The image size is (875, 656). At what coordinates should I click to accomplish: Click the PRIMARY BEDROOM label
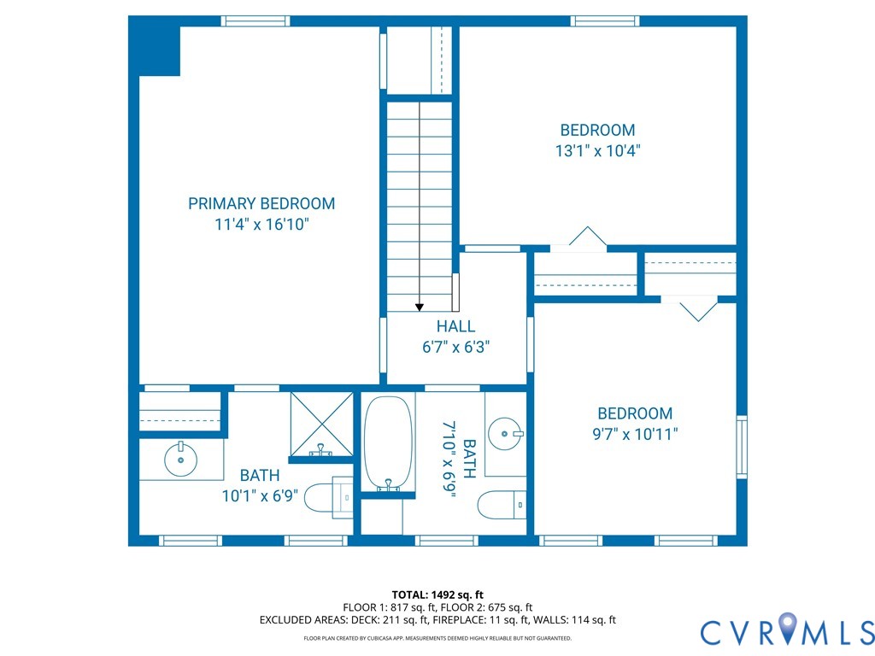[261, 203]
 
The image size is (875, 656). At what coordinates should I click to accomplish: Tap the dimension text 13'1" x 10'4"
[597, 150]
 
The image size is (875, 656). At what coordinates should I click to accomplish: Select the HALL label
[455, 326]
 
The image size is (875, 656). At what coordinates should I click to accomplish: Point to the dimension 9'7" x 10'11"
[635, 434]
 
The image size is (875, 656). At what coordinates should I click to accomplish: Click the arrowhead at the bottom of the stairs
[419, 307]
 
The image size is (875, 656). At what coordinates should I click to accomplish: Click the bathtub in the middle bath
[389, 442]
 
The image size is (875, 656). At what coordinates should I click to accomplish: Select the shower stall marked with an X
[321, 425]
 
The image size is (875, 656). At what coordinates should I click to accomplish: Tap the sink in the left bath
[181, 460]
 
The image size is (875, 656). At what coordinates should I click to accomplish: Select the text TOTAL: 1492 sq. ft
[437, 594]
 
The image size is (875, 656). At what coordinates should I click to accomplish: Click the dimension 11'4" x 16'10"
[261, 225]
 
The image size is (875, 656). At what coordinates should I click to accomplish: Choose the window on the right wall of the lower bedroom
[742, 447]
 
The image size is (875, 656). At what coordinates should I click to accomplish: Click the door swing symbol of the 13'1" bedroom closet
[587, 237]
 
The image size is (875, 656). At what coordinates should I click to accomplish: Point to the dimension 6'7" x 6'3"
[455, 348]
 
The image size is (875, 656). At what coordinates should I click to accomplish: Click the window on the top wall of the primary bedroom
[255, 21]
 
